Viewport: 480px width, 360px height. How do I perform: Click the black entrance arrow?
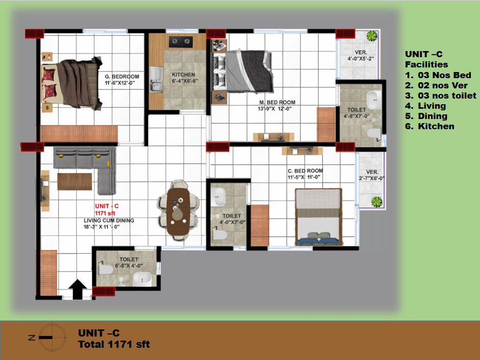[78, 290]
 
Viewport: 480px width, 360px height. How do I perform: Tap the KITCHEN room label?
[183, 75]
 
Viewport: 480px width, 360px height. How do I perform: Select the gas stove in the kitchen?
[181, 42]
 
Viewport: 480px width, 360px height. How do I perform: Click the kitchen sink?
[156, 80]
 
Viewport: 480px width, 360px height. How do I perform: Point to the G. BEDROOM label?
[122, 77]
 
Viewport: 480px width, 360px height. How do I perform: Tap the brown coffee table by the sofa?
[75, 181]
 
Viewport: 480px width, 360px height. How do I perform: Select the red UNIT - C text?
[107, 206]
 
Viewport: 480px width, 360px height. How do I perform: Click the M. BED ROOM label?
[277, 102]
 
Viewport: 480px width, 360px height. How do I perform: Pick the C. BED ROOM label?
[305, 171]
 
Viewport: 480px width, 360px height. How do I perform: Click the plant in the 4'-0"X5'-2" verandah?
[372, 36]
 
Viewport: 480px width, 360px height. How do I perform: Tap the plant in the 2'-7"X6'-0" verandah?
[377, 202]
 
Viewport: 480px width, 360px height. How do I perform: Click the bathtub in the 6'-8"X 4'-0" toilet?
[142, 279]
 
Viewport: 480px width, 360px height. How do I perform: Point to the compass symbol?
[53, 338]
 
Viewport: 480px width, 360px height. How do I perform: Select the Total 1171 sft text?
[114, 344]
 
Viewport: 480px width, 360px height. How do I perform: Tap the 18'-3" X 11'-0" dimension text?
[102, 227]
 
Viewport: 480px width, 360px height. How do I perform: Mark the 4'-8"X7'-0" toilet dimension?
[356, 116]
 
